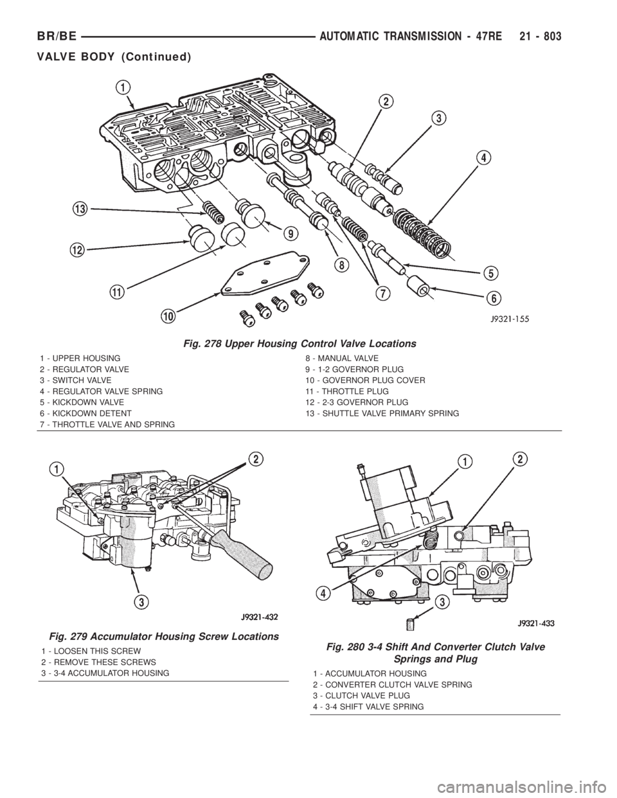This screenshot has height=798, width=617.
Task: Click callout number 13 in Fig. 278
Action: pos(80,209)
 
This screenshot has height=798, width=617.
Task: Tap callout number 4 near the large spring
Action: pos(485,159)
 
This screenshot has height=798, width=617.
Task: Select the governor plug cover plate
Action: pos(264,274)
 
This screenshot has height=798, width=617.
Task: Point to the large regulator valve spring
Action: pos(422,231)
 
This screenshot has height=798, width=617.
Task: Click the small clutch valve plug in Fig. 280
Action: pos(411,625)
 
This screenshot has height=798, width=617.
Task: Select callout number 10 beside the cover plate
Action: pos(169,315)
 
